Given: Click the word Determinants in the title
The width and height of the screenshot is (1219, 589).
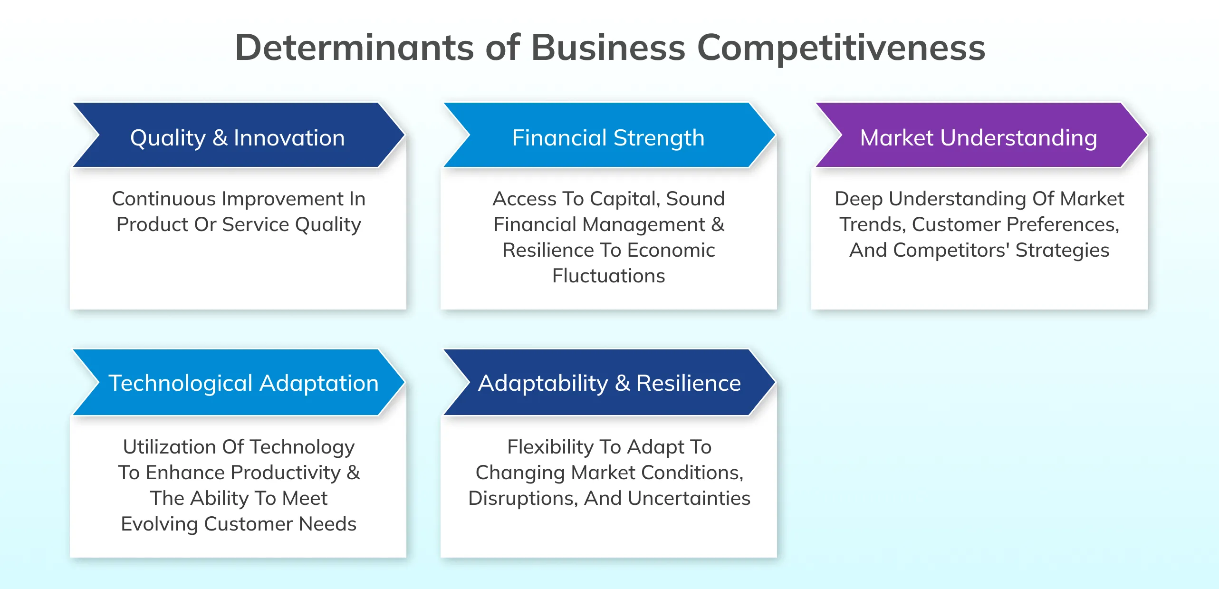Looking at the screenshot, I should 354,48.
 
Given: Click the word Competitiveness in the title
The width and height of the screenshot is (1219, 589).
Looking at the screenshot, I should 841,48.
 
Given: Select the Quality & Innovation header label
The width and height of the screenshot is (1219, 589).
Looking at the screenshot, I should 237,138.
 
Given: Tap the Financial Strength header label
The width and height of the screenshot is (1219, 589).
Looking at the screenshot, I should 608,138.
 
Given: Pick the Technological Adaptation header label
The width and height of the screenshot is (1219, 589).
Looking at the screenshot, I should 243,383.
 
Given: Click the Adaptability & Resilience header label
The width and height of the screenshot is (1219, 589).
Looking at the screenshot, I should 609,383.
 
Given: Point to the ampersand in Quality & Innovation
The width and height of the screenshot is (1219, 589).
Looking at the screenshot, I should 220,138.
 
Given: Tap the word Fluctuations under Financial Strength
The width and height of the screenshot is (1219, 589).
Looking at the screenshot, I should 608,276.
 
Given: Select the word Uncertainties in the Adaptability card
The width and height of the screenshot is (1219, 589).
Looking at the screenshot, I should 689,498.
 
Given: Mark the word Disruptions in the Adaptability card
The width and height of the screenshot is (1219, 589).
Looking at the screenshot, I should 523,498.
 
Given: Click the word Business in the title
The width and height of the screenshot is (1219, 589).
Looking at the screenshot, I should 608,48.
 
